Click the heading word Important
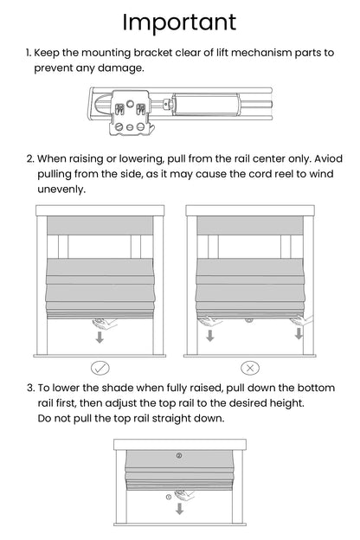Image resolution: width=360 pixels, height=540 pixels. click(179, 21)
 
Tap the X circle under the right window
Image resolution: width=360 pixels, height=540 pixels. click(251, 366)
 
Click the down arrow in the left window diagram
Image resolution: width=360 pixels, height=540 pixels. click(100, 336)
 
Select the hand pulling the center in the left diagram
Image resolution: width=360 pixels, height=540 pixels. click(105, 321)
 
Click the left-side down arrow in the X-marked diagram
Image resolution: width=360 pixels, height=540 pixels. click(209, 334)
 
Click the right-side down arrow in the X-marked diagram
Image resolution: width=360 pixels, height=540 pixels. click(299, 334)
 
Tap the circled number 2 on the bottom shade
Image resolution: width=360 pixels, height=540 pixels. click(179, 454)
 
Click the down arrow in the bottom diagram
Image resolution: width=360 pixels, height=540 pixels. click(180, 510)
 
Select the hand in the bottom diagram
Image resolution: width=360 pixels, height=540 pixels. click(183, 496)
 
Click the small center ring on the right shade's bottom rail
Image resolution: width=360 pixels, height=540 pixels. click(250, 319)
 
